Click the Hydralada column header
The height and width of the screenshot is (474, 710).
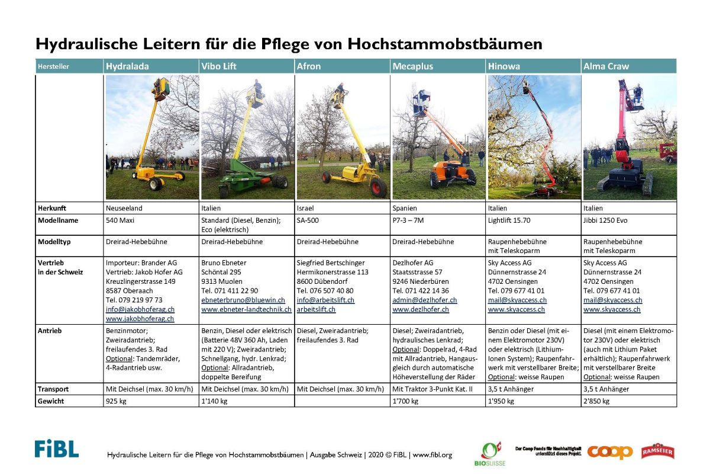click(127, 66)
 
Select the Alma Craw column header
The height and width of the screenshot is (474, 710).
click(606, 66)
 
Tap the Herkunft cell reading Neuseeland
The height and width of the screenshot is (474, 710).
click(124, 208)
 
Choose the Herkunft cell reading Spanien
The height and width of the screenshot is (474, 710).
click(404, 208)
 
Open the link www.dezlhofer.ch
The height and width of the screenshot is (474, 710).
click(421, 309)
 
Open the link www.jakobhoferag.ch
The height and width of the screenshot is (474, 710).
click(140, 319)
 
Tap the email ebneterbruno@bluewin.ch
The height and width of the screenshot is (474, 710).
click(243, 300)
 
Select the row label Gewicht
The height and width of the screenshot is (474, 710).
click(51, 401)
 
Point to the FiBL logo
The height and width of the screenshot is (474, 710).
click(56, 449)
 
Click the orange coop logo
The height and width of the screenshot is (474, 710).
click(609, 451)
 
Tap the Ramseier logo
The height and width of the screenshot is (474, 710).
click(657, 451)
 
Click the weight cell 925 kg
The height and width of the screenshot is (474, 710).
click(116, 401)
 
